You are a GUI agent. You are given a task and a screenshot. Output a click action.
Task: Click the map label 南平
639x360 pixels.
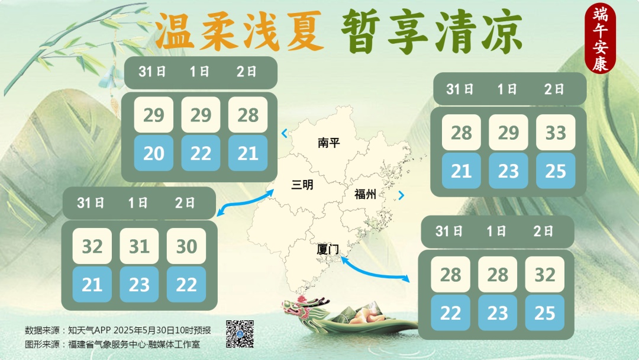(328, 143)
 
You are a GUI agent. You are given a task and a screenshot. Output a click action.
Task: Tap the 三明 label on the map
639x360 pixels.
(302, 185)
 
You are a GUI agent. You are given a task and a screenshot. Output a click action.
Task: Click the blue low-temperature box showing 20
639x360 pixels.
(154, 153)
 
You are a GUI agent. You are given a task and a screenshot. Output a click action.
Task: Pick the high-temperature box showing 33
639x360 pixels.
(556, 133)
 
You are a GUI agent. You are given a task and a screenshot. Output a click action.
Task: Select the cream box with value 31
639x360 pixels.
(139, 246)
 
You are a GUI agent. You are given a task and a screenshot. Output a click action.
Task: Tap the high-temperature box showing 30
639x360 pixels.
(186, 246)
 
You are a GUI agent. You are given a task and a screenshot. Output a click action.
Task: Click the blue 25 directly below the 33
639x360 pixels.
(556, 171)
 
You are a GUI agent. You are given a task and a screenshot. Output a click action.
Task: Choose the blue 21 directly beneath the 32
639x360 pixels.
(92, 285)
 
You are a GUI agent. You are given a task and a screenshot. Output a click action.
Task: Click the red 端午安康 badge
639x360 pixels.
(600, 38)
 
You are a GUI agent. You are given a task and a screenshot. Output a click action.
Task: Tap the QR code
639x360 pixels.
(240, 333)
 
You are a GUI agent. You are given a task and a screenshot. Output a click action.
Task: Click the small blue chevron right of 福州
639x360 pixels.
(402, 195)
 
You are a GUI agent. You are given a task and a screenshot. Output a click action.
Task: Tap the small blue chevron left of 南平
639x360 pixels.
(285, 133)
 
